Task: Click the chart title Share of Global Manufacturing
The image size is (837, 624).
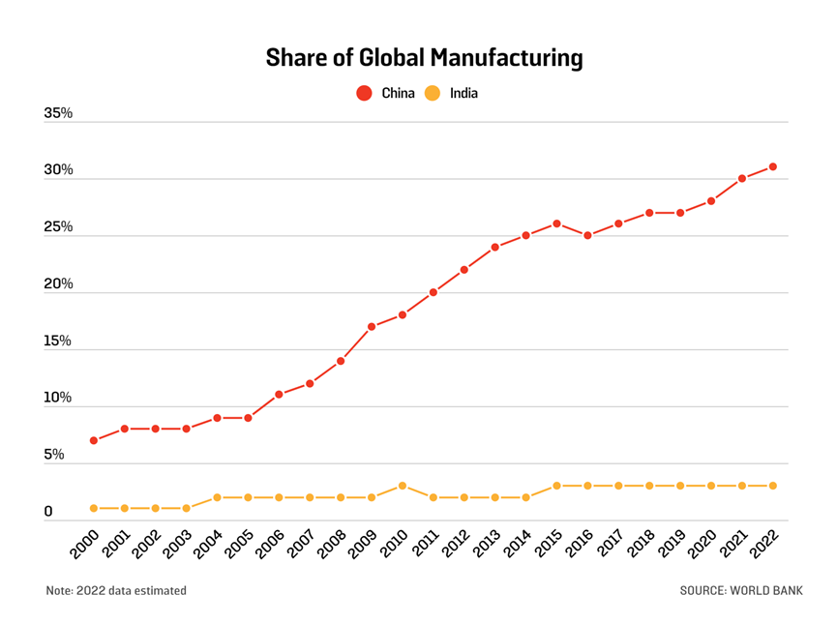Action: [424, 58]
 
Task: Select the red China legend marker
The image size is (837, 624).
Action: [364, 94]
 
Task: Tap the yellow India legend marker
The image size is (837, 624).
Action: [433, 94]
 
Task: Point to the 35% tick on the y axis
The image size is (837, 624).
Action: [58, 113]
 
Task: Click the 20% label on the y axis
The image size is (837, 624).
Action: [58, 284]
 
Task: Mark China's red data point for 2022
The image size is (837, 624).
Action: [773, 166]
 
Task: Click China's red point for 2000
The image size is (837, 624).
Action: [94, 440]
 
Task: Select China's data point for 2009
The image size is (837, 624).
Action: [372, 327]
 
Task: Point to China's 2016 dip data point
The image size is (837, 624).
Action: [587, 235]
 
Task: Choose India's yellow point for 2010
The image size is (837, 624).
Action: [403, 486]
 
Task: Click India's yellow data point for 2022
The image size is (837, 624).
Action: [773, 486]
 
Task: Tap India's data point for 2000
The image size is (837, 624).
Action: [94, 508]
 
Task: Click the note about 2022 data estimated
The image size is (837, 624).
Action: [116, 590]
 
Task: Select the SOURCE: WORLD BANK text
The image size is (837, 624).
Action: [741, 590]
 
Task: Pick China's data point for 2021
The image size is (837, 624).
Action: [742, 178]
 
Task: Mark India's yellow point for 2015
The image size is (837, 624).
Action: [556, 486]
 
